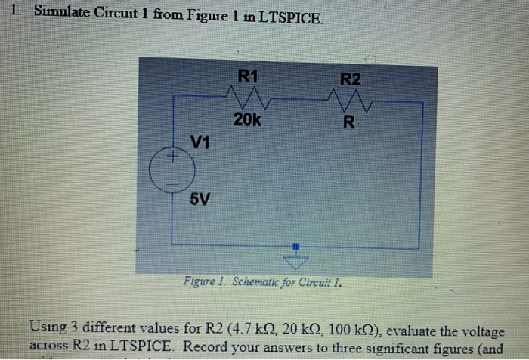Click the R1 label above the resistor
click(248, 76)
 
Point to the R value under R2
click(348, 122)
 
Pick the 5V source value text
click(200, 200)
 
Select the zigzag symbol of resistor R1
click(245, 97)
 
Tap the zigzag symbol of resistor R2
click(348, 99)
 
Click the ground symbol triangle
click(298, 262)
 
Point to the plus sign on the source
click(172, 157)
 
